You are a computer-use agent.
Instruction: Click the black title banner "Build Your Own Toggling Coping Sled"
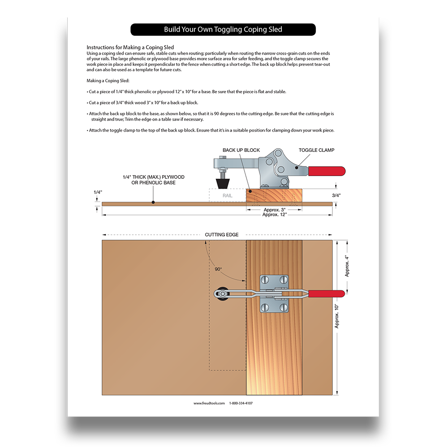click(223, 30)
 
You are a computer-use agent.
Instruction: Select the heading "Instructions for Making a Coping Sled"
click(130, 47)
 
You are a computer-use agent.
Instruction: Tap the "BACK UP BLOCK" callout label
click(241, 150)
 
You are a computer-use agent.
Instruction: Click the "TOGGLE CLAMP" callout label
click(316, 150)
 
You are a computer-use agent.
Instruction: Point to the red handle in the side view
click(327, 171)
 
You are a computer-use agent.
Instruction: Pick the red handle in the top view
click(327, 294)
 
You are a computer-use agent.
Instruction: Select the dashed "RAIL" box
click(228, 195)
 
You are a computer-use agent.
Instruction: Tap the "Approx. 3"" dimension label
click(274, 210)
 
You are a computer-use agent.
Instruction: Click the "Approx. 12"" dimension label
click(274, 215)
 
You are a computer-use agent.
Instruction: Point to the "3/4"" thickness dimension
click(336, 195)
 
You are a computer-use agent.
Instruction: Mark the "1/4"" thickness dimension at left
click(98, 192)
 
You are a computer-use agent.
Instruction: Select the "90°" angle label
click(218, 269)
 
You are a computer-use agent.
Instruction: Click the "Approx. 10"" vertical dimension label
click(337, 316)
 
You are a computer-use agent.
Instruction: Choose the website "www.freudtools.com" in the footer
click(209, 403)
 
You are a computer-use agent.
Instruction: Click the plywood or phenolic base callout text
click(153, 180)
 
